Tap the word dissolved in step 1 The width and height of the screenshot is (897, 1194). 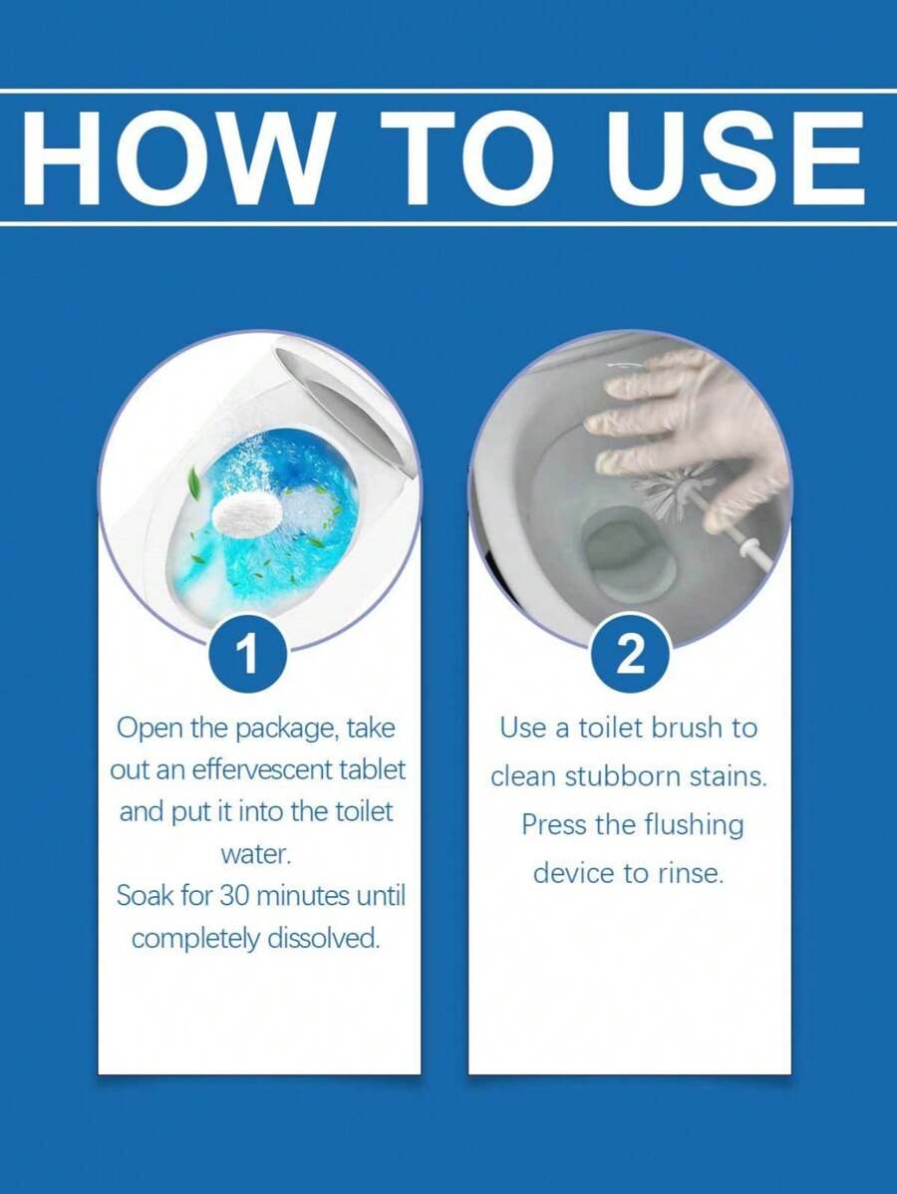(x=328, y=938)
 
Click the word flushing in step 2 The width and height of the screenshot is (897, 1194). (x=694, y=825)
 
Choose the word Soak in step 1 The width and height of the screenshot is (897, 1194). (x=144, y=895)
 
